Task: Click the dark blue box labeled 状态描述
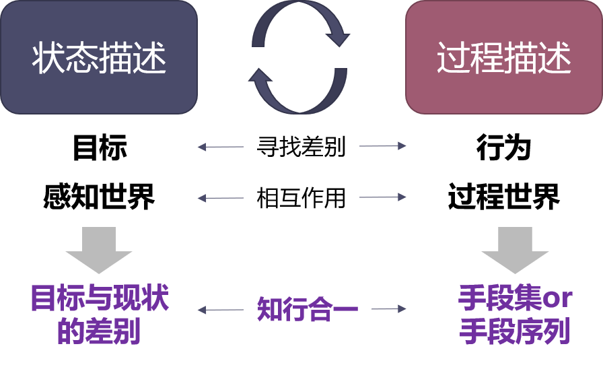(x=99, y=57)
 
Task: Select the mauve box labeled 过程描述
(x=503, y=57)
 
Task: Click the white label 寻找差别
(x=301, y=146)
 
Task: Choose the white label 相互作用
(x=301, y=197)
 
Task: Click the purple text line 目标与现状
(x=100, y=299)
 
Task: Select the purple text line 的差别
(x=100, y=331)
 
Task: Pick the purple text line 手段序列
(x=515, y=332)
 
